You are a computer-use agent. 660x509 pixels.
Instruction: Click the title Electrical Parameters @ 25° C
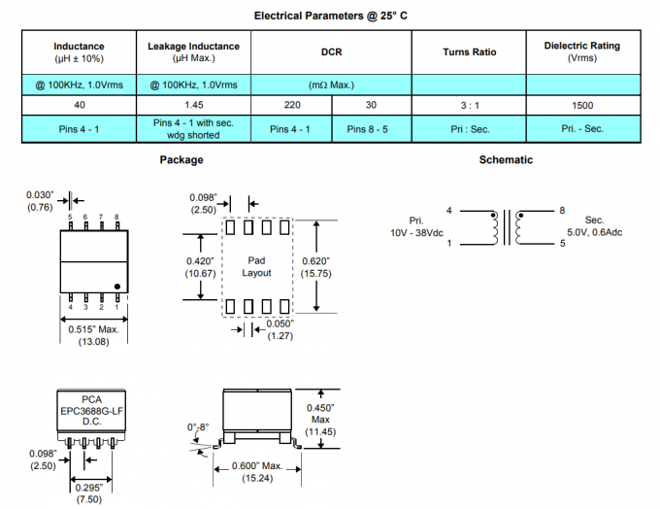pos(330,16)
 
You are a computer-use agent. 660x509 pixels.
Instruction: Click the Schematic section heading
pos(506,159)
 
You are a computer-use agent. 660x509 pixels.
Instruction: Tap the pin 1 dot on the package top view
pos(117,287)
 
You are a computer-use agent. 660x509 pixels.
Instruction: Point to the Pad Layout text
pos(256,267)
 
